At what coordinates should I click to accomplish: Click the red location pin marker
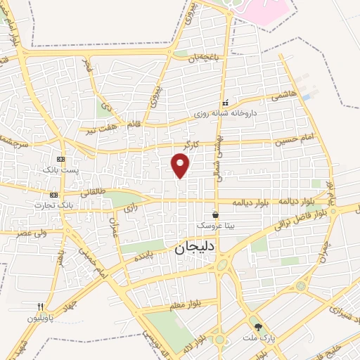pyautogui.click(x=181, y=165)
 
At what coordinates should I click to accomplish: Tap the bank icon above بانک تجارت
pyautogui.click(x=54, y=194)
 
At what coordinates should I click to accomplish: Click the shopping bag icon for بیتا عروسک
pyautogui.click(x=215, y=214)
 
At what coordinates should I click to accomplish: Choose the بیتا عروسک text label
pyautogui.click(x=215, y=225)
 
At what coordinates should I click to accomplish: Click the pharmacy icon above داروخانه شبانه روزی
pyautogui.click(x=225, y=103)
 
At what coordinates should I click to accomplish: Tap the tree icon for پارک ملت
pyautogui.click(x=258, y=327)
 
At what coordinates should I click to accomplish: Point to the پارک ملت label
pyautogui.click(x=257, y=338)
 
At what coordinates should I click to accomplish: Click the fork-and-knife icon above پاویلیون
pyautogui.click(x=41, y=307)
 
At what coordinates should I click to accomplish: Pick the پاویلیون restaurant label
pyautogui.click(x=41, y=318)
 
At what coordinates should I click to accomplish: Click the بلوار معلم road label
pyautogui.click(x=184, y=304)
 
